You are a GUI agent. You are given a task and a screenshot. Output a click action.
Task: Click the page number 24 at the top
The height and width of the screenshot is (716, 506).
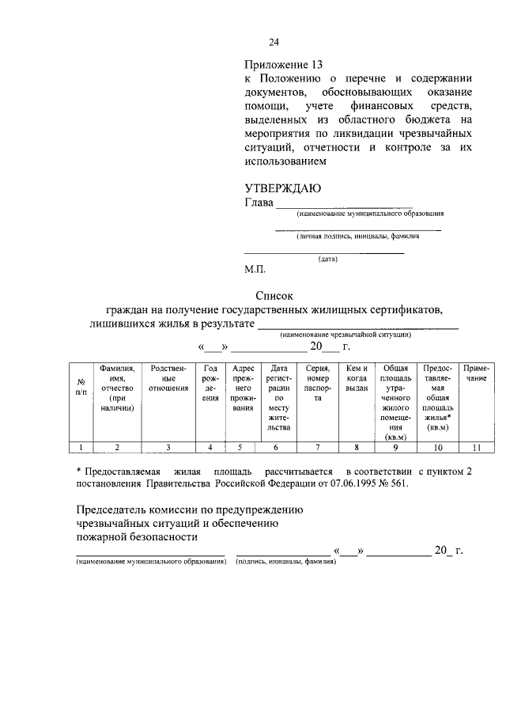pyautogui.click(x=274, y=43)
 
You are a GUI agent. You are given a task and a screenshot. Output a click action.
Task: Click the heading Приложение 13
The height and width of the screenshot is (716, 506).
pyautogui.click(x=284, y=64)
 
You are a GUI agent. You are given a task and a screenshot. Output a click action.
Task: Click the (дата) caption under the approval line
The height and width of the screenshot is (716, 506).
pyautogui.click(x=328, y=259)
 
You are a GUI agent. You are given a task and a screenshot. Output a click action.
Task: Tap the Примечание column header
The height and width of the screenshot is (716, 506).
pyautogui.click(x=476, y=373)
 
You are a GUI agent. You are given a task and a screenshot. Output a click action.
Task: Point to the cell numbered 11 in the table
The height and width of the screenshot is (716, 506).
pyautogui.click(x=476, y=448)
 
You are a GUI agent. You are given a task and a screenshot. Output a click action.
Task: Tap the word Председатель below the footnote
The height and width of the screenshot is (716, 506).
pyautogui.click(x=111, y=510)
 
